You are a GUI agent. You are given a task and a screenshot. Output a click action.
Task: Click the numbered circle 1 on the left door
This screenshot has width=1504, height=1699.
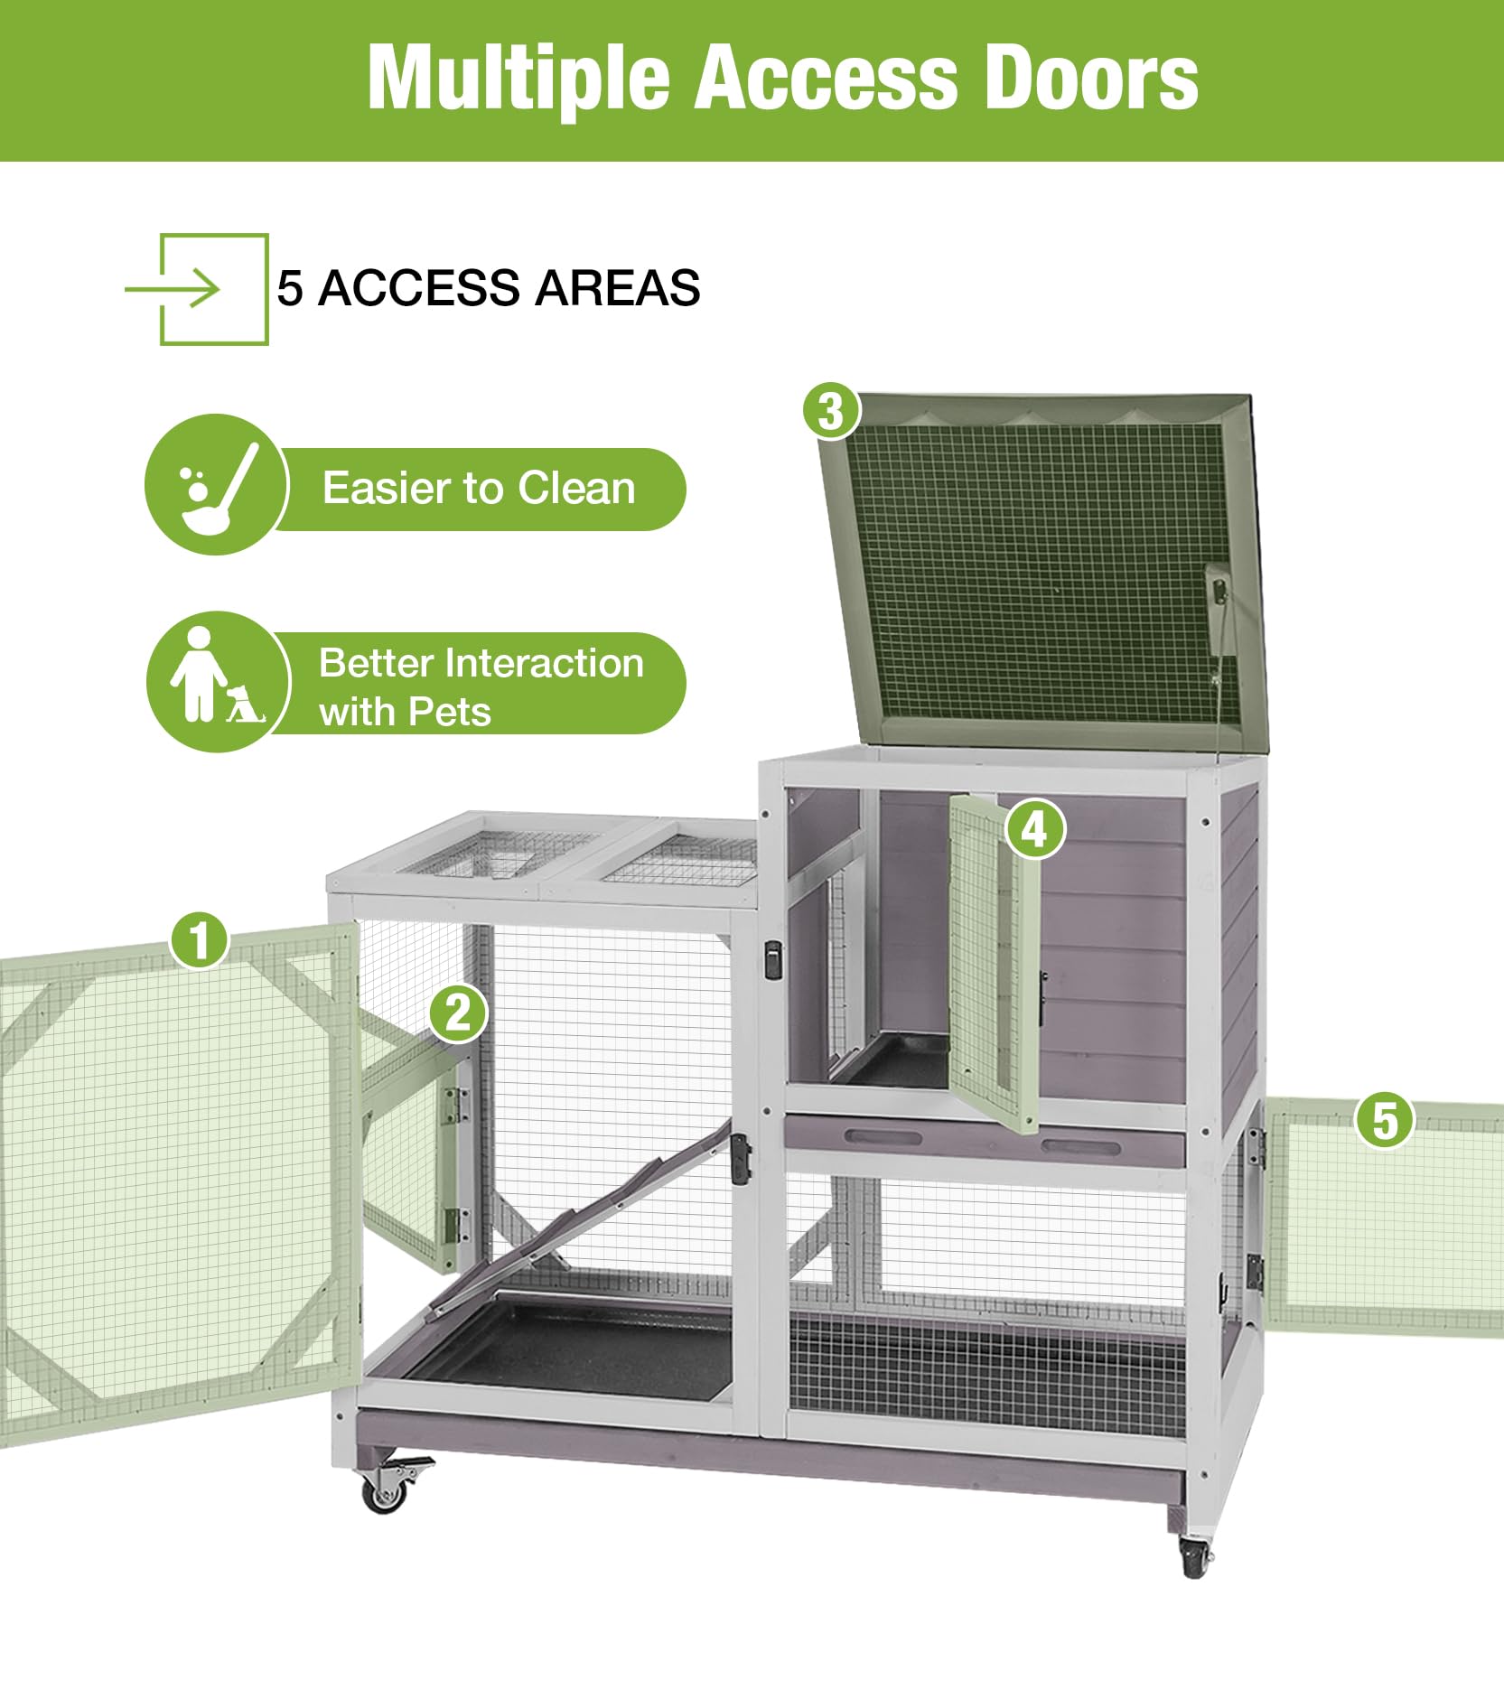click(200, 939)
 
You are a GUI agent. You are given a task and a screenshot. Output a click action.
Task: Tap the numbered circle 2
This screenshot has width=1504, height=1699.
click(458, 1012)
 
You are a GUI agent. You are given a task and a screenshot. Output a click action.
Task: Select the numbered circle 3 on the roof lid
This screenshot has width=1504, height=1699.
click(831, 412)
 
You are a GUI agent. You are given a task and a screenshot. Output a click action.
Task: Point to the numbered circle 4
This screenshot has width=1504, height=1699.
click(1035, 829)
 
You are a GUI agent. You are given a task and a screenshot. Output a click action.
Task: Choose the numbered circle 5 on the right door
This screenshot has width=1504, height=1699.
click(1385, 1120)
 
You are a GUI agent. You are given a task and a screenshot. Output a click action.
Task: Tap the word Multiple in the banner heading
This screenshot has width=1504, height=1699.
click(518, 80)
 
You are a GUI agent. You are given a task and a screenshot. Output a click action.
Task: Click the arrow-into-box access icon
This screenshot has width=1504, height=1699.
click(197, 290)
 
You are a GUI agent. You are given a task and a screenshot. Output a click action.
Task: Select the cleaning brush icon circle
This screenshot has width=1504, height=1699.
click(216, 485)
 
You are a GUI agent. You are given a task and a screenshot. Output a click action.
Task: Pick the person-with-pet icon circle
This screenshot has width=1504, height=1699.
click(218, 682)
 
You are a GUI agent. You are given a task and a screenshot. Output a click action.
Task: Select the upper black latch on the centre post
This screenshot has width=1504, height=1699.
click(773, 959)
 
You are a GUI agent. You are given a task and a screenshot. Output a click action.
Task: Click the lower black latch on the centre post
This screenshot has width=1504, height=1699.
click(741, 1159)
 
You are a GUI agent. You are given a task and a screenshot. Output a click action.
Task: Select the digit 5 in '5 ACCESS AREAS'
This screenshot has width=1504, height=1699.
click(289, 289)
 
